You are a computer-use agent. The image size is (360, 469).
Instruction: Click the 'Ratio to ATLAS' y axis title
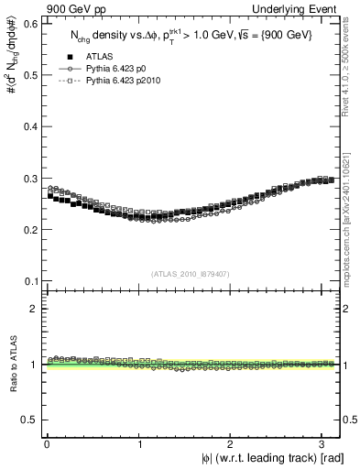[13, 365]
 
